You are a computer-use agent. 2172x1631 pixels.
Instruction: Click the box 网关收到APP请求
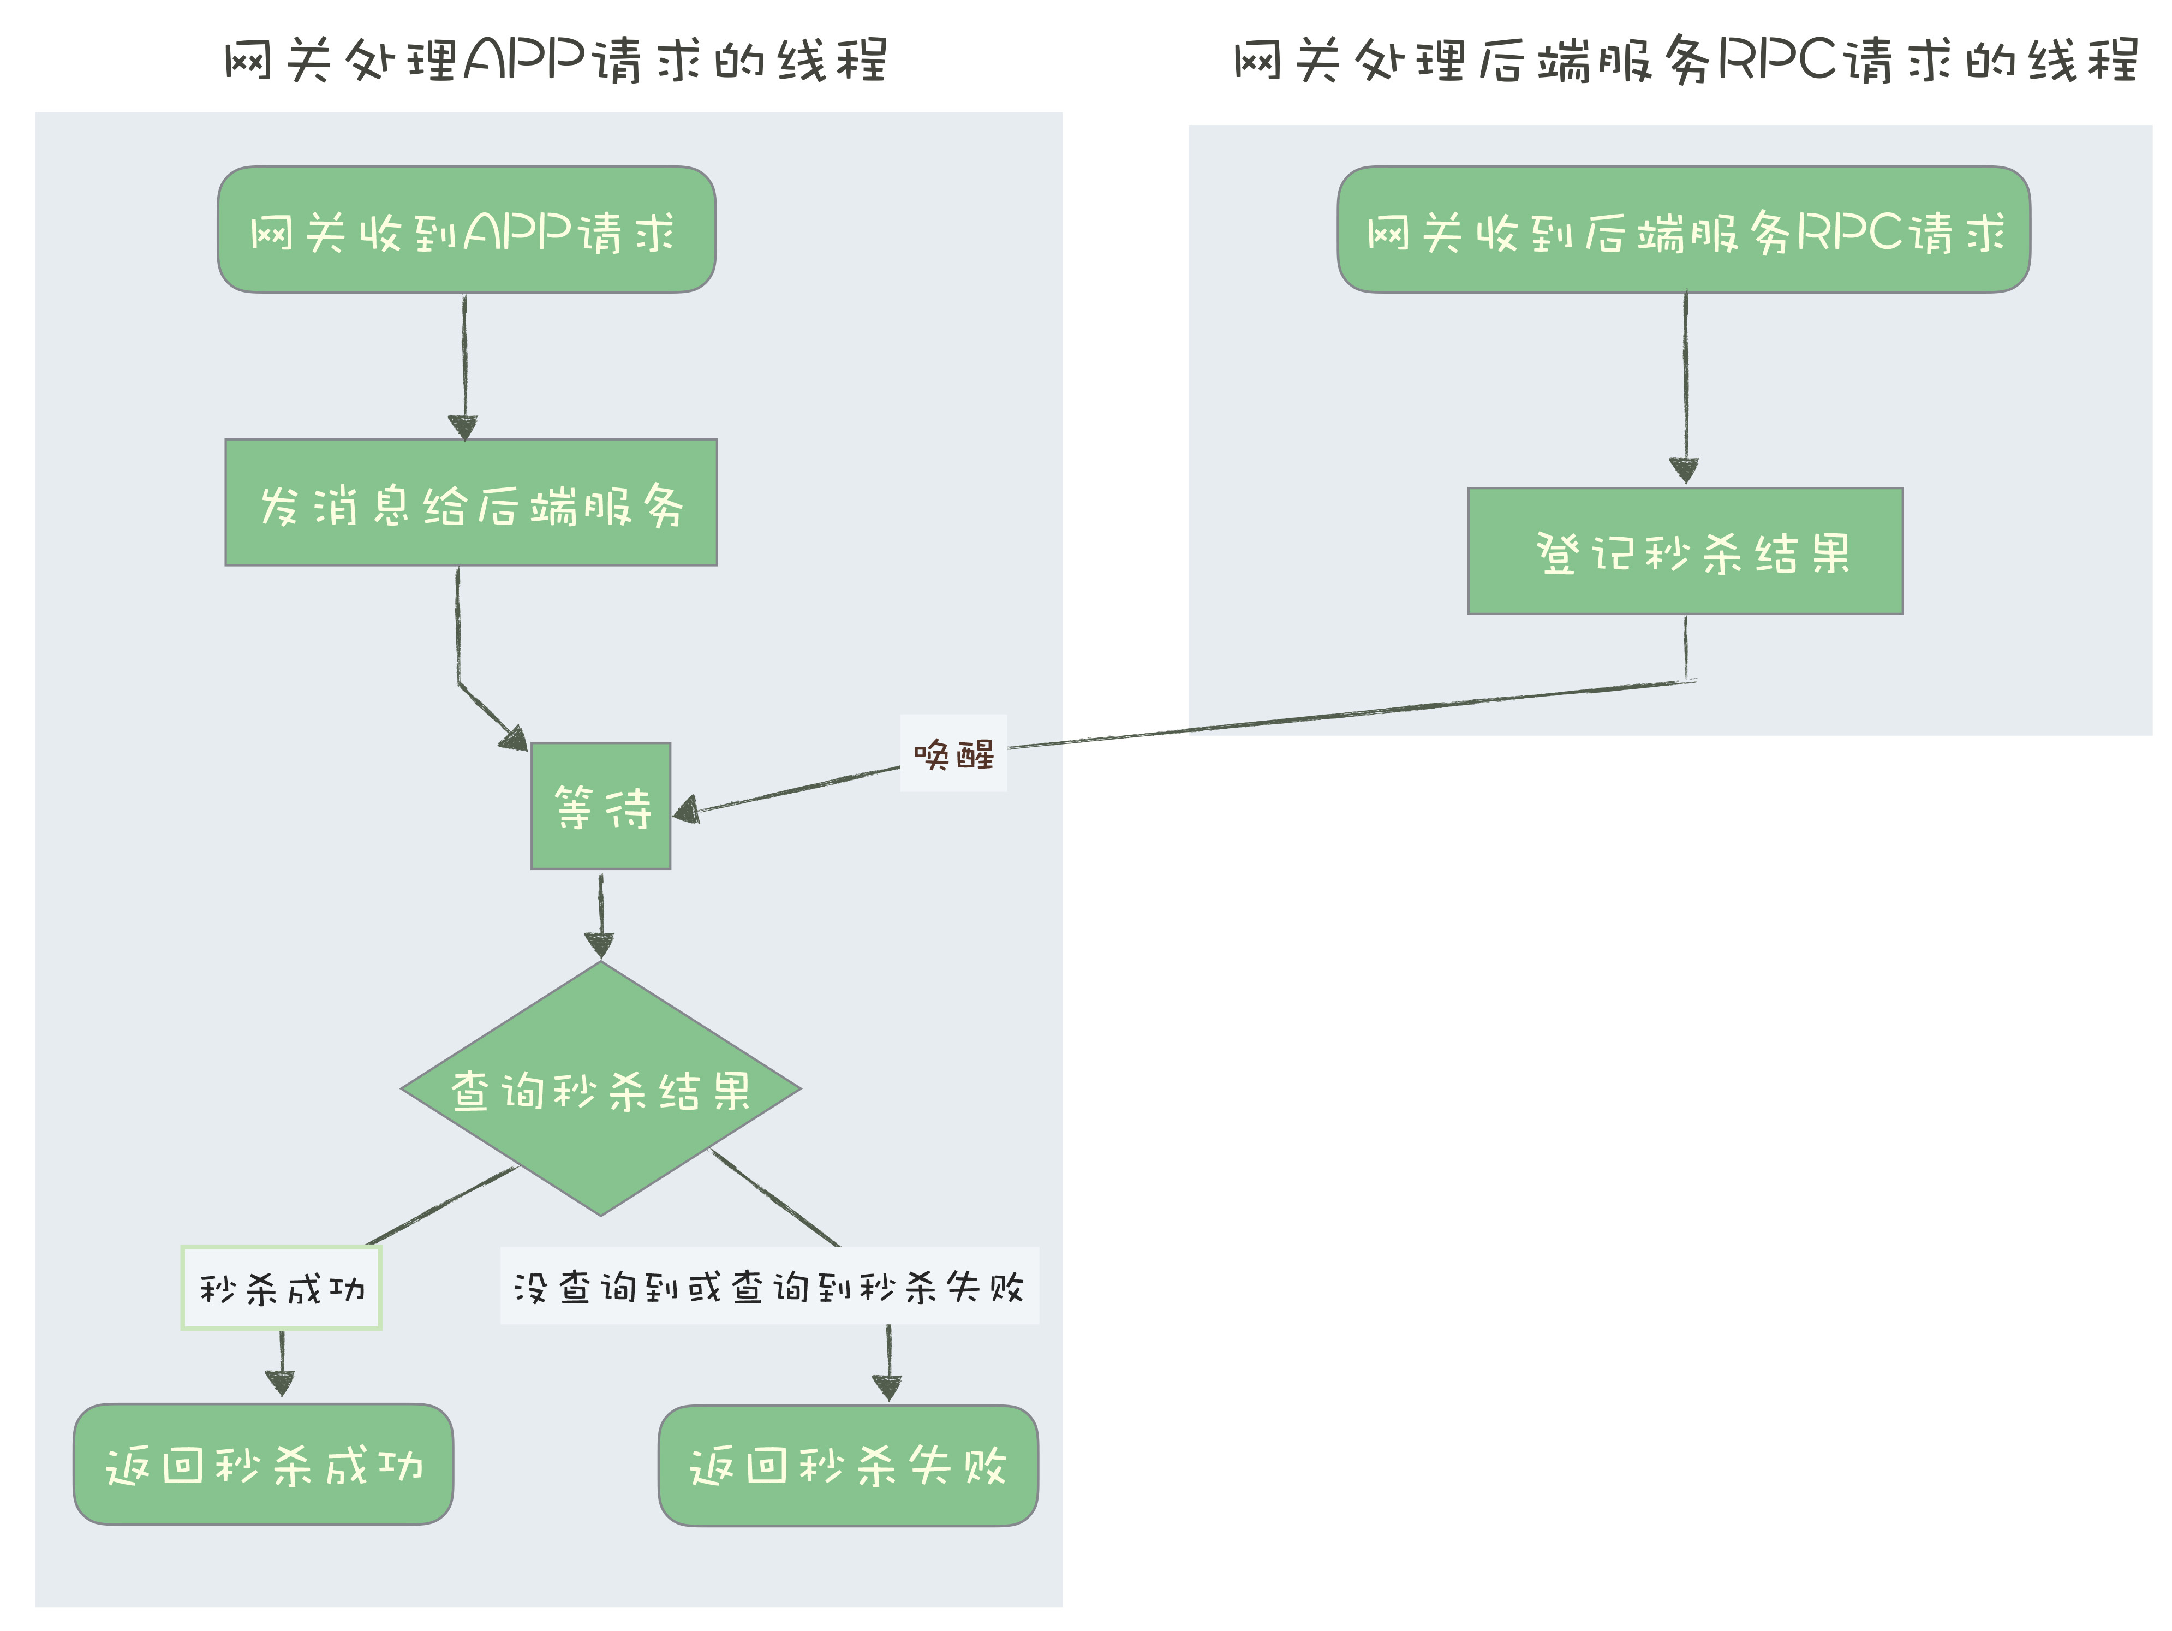click(x=467, y=230)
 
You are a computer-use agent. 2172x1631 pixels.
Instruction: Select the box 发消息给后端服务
click(x=472, y=503)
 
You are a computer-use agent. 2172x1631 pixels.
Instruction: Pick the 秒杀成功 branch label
click(x=282, y=1288)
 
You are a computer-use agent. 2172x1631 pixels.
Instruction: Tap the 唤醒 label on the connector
click(x=953, y=754)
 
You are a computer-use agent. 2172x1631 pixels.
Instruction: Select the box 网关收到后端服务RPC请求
click(x=1683, y=230)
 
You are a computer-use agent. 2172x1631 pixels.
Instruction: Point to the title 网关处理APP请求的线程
click(x=556, y=61)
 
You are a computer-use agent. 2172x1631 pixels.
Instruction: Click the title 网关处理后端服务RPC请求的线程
click(x=1685, y=61)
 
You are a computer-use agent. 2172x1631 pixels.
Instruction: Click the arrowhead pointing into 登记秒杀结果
click(x=1685, y=471)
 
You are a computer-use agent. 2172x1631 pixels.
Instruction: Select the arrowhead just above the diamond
click(x=599, y=945)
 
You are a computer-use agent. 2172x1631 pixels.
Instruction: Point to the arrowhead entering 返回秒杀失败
click(x=888, y=1388)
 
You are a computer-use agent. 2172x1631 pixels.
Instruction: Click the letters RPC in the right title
click(x=1777, y=61)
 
